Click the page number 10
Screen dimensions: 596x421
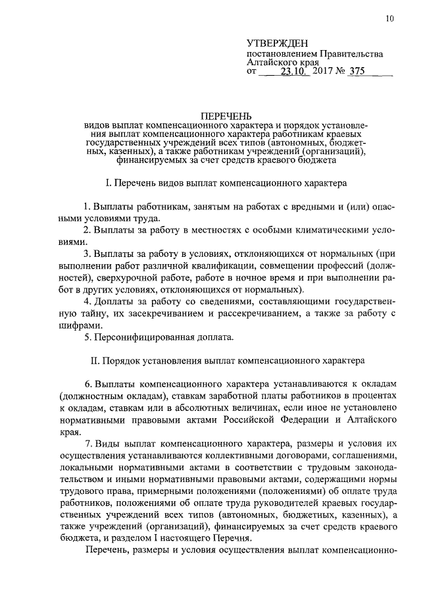(x=390, y=19)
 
